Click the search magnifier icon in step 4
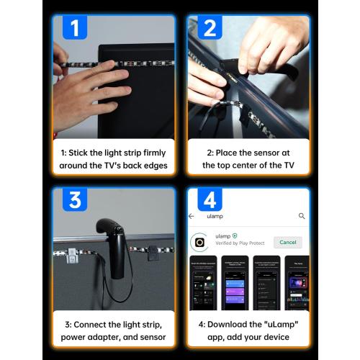click(302, 216)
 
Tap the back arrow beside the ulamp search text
click(192, 216)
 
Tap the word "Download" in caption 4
click(224, 323)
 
